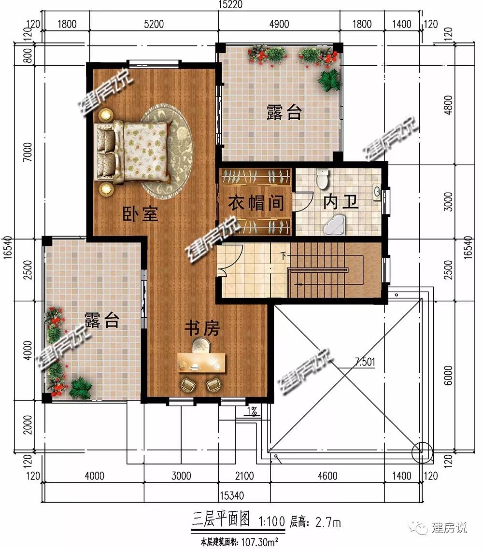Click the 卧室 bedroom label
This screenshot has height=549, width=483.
tap(140, 214)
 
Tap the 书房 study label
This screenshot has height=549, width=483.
tap(202, 328)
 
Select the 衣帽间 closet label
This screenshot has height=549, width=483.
tap(256, 203)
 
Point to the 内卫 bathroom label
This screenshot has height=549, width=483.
tap(341, 202)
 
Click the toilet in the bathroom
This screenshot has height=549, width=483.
tap(322, 178)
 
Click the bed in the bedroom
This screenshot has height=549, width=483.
tap(133, 152)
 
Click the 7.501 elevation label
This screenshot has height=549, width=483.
tap(365, 361)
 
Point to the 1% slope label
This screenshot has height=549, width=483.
tap(252, 411)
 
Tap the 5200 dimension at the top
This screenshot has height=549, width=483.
tap(154, 24)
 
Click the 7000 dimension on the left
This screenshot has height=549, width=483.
tap(28, 152)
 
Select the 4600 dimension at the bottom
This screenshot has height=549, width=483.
tap(327, 476)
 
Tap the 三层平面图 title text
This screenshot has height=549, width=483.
tap(221, 520)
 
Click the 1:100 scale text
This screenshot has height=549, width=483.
tap(272, 521)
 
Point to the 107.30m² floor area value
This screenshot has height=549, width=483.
tap(259, 542)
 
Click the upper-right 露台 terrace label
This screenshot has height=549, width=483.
tap(284, 112)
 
